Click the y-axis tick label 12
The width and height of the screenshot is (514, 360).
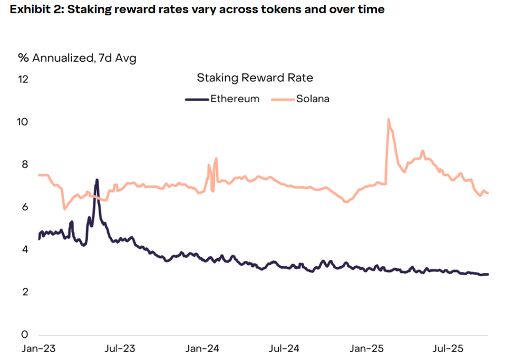pos(24,79)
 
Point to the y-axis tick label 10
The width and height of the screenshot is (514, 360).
pos(24,122)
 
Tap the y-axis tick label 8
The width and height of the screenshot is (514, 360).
pos(24,164)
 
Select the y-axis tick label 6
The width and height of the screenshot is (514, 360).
pos(24,207)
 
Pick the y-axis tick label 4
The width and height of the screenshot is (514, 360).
pos(24,249)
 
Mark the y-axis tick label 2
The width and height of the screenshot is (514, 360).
pos(24,292)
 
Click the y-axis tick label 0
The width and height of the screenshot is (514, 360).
pos(24,335)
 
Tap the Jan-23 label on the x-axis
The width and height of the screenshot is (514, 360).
pos(38,349)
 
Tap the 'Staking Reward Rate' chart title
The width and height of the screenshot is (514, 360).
pos(255,78)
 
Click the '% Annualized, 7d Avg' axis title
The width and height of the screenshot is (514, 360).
pos(77,58)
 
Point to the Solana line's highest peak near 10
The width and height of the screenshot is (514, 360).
pos(389,120)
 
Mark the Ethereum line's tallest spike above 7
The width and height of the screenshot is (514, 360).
pos(97,180)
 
